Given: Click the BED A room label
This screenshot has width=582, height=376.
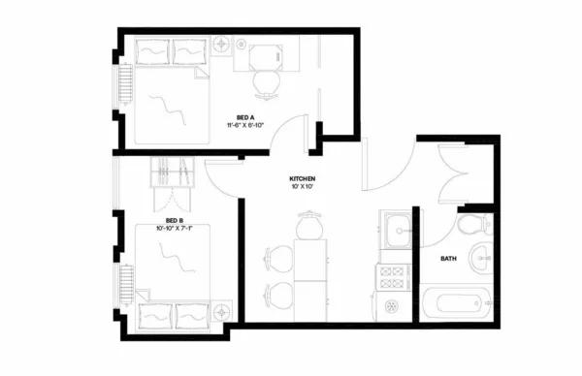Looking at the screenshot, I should tap(245, 116).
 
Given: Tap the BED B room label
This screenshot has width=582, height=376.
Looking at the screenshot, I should tap(175, 221).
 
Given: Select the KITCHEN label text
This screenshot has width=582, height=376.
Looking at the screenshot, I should tap(303, 179).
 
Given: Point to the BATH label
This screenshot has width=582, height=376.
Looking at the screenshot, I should tap(448, 259).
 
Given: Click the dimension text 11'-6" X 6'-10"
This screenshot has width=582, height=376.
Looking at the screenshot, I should tap(245, 126).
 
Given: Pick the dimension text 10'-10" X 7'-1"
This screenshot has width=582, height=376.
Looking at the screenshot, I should tap(175, 230).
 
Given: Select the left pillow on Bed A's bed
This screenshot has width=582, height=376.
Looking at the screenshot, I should tap(151, 50).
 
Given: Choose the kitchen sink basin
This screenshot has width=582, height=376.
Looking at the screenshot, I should tap(395, 231).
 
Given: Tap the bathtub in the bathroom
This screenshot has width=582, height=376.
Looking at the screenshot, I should tap(460, 303).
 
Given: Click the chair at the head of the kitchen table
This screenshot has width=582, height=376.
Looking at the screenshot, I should tap(308, 228).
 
